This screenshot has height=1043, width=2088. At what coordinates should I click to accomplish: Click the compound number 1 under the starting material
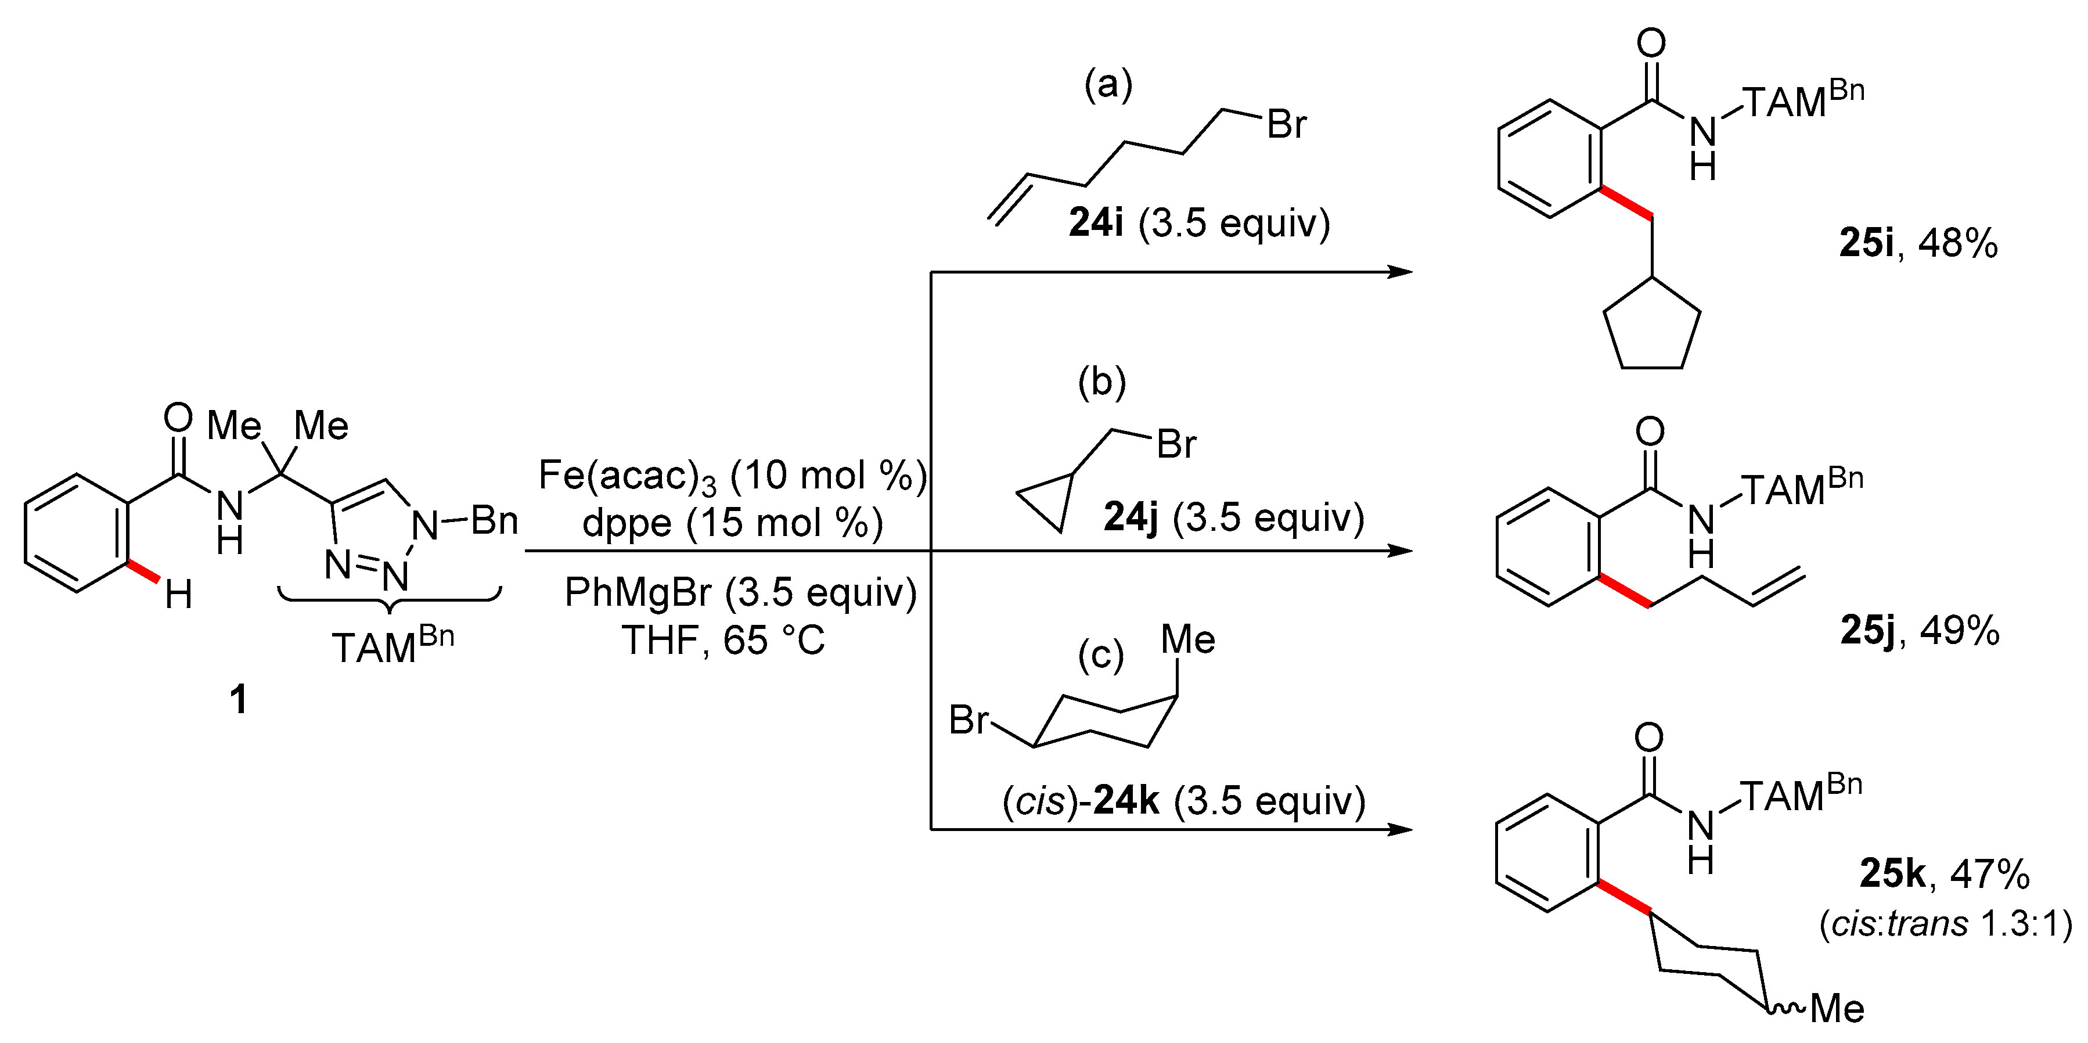[238, 699]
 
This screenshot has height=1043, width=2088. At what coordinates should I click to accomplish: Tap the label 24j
[1131, 517]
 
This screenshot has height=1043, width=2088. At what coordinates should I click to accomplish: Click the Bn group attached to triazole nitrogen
[495, 520]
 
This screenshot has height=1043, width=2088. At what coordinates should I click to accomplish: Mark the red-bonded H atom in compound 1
[178, 596]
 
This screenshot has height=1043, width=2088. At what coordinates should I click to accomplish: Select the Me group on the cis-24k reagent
[1187, 640]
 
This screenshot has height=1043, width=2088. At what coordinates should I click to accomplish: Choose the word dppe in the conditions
[627, 523]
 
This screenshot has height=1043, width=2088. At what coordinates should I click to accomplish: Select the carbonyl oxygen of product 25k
[1648, 738]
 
